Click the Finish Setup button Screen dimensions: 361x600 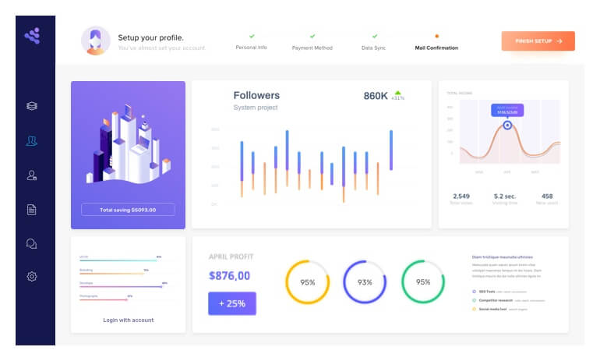pos(538,41)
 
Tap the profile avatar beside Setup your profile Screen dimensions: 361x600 pos(95,41)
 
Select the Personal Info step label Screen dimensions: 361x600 pos(251,48)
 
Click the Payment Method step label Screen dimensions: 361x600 pos(312,48)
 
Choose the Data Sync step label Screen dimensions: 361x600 pos(374,48)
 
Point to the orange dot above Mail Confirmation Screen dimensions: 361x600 pos(436,36)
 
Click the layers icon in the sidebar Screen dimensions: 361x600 pos(32,106)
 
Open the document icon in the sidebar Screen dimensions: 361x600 pos(32,209)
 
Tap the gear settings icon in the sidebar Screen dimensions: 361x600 pos(32,276)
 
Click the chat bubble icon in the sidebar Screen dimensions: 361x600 pos(32,242)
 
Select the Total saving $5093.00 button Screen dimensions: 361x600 pos(128,210)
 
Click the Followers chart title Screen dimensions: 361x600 pos(256,96)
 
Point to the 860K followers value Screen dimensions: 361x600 pos(376,96)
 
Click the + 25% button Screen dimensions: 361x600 pos(231,303)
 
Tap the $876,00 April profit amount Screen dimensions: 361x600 pos(229,275)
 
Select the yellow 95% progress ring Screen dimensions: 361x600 pos(307,282)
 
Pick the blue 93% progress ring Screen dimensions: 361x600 pos(365,282)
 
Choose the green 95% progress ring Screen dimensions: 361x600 pos(423,282)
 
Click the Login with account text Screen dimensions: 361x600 pos(128,320)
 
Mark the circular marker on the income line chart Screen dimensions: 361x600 pos(507,124)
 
